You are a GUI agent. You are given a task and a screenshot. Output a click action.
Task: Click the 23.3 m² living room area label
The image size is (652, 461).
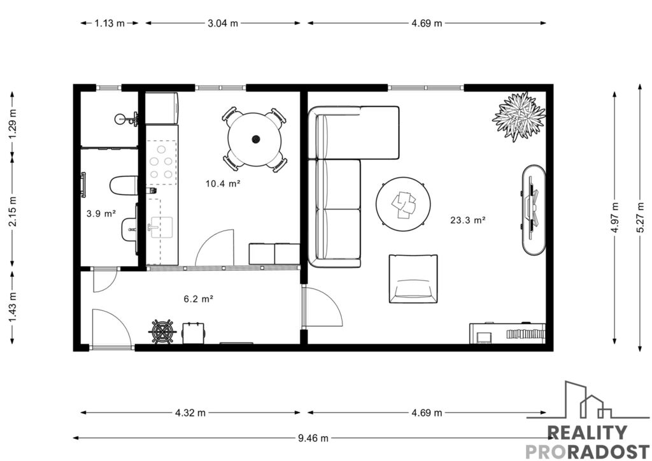[x=468, y=220]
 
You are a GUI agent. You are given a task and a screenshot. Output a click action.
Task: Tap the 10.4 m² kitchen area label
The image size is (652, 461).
[x=223, y=183]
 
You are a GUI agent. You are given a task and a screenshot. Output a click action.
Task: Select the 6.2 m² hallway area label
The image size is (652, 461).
[x=199, y=299]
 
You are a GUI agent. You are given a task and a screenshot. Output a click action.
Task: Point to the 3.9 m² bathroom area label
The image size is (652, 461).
[x=101, y=214]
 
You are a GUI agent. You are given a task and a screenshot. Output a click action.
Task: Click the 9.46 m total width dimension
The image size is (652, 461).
[x=313, y=437]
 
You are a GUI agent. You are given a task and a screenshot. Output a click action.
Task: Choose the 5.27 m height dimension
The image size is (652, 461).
[x=641, y=217]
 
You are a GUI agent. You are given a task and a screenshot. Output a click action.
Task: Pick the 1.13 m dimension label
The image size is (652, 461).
[x=110, y=24]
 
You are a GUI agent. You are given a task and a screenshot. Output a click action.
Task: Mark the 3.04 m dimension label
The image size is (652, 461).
[x=223, y=24]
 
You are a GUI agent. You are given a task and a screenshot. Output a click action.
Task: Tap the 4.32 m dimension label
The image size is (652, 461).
[x=190, y=413]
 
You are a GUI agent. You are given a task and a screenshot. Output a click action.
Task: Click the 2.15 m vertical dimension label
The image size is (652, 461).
[x=13, y=211]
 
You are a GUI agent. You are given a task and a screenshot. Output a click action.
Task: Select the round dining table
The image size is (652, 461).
[x=255, y=139]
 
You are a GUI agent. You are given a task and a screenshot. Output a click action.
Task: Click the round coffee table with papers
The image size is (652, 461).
[x=403, y=204]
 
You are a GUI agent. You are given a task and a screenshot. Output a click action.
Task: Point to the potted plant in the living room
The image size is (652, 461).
[x=518, y=116]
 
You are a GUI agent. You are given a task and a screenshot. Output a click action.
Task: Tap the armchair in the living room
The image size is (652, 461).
[x=413, y=279]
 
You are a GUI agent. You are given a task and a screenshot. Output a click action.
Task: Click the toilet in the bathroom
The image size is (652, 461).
[x=124, y=185]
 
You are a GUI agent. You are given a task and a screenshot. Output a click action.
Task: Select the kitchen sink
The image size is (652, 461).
[x=161, y=227]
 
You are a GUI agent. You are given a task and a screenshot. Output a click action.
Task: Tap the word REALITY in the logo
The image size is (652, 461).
[x=587, y=433]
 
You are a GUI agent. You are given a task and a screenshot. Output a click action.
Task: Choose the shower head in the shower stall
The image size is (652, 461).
[x=119, y=119]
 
